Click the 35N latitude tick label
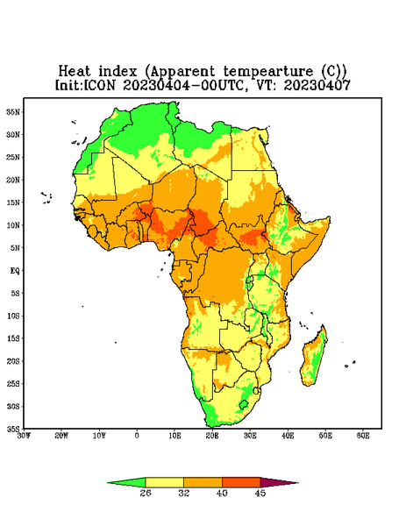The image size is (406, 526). click(13, 111)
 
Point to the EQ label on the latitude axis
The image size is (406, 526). click(14, 270)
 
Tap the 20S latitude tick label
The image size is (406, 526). click(13, 361)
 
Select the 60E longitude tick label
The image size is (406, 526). click(363, 436)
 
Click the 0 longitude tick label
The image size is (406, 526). click(137, 436)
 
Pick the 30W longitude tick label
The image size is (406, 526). click(25, 436)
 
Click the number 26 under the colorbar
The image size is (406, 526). click(146, 493)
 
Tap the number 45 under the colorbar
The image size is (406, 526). click(260, 493)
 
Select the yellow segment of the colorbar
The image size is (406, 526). click(164, 482)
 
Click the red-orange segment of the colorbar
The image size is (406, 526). click(241, 482)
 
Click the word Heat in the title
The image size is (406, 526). click(75, 71)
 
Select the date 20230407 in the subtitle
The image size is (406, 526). click(317, 85)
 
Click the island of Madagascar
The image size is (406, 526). click(314, 358)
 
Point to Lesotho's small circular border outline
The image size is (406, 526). click(244, 404)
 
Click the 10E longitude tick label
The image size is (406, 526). click(175, 436)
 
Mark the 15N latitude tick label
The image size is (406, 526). click(13, 203)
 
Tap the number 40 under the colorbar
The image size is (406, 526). click(222, 493)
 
